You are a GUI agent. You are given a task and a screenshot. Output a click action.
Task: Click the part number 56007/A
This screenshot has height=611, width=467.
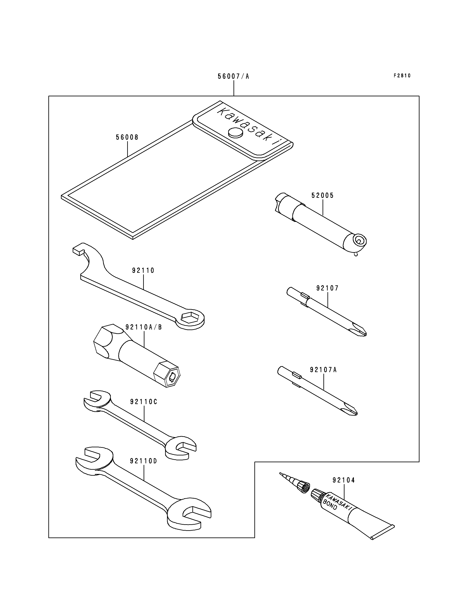pos(233,76)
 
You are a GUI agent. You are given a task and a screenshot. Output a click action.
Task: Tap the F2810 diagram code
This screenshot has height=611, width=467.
pos(402,76)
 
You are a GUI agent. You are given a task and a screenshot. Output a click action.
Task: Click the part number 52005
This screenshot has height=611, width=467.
pos(323,195)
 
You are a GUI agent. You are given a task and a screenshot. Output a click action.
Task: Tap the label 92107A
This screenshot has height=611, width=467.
pos(323,370)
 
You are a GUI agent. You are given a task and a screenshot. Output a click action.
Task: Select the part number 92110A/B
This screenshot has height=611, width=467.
pos(143,327)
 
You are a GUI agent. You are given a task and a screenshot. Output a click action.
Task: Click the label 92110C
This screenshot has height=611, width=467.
pos(143,402)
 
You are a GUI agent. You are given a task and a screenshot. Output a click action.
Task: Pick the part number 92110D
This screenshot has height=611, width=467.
pos(143,461)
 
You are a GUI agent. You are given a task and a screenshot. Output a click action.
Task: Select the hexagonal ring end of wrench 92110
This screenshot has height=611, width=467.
pos(190,319)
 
